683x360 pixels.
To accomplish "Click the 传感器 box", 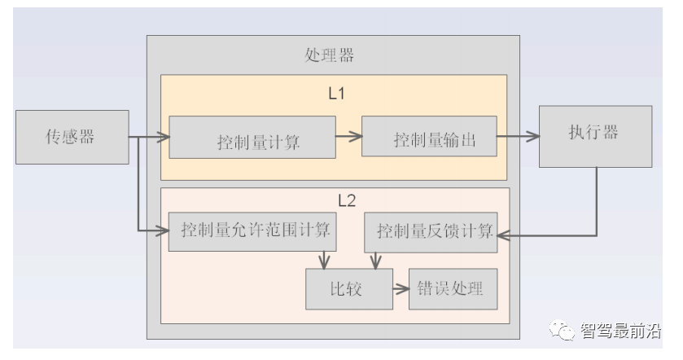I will point(72,137).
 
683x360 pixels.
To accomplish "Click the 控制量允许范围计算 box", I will point(252,230).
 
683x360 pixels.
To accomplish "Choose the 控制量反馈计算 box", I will point(428,231).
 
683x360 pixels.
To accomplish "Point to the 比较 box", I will point(345,288).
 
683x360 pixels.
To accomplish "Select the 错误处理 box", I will point(453,288).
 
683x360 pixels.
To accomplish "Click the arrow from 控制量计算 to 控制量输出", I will point(348,137).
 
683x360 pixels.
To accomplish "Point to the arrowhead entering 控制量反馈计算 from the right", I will point(503,235).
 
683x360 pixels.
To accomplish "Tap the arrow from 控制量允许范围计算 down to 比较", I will point(324,259).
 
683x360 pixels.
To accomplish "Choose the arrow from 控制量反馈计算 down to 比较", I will point(374,259).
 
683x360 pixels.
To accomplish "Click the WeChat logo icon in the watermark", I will point(562,330).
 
